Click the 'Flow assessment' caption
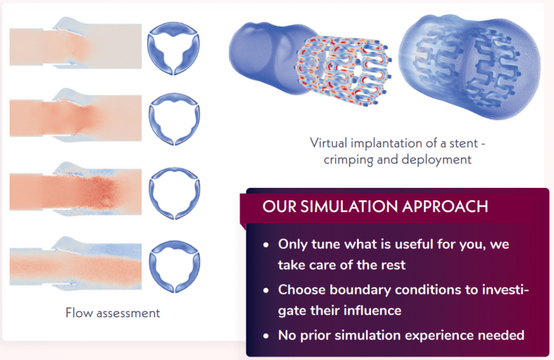[x=113, y=312]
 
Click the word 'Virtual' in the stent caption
[x=329, y=143]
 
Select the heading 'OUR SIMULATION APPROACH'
[x=375, y=206]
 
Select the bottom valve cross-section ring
[x=174, y=260]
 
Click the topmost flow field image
[x=75, y=45]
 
